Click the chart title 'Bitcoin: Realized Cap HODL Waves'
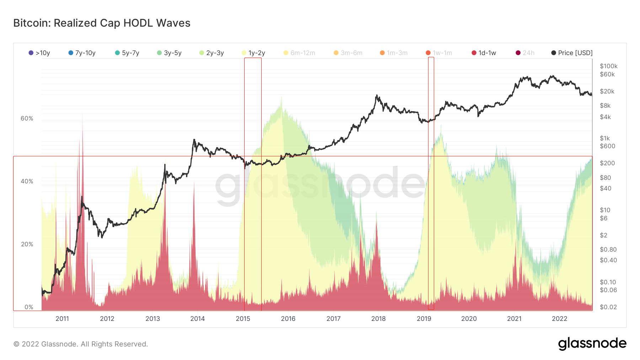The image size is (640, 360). (102, 23)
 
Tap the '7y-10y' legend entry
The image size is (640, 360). (82, 53)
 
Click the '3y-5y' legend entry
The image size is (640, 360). (170, 53)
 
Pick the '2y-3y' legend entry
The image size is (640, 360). (212, 53)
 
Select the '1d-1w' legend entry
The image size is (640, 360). (484, 53)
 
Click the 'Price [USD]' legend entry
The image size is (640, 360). (572, 53)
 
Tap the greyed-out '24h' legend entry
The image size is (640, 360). (525, 53)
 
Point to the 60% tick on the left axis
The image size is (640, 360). (27, 118)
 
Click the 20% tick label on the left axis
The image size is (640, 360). (27, 244)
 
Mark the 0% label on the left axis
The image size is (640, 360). (29, 307)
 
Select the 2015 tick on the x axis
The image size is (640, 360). (243, 319)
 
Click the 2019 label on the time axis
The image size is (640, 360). (424, 319)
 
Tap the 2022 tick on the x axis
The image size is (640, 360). (559, 319)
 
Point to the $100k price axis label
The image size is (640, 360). (609, 66)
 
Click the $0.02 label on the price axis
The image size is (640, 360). (608, 307)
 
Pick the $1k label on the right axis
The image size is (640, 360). (605, 138)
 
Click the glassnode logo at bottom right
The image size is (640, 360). (592, 344)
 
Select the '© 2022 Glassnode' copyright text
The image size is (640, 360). (80, 344)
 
